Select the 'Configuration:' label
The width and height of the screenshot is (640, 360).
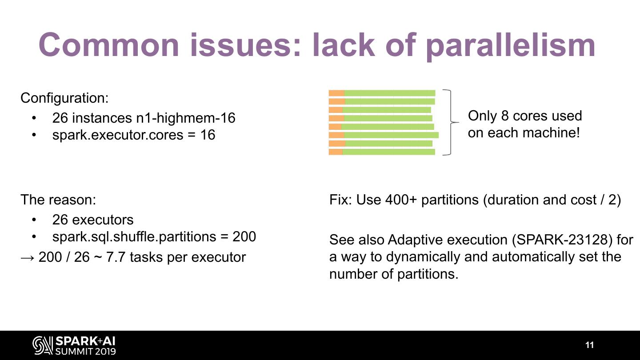tap(64, 98)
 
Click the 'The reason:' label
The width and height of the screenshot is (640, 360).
tap(58, 200)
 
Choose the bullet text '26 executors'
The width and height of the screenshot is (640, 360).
tap(92, 220)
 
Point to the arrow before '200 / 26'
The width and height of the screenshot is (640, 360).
tap(28, 257)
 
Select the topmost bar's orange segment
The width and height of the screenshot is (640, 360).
tap(336, 93)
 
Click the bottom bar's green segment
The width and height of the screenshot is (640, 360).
tap(389, 152)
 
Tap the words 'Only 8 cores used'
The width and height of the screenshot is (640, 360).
tap(525, 116)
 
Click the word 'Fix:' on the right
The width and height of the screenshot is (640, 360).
tap(341, 200)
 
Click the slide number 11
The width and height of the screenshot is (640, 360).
tap(589, 345)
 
